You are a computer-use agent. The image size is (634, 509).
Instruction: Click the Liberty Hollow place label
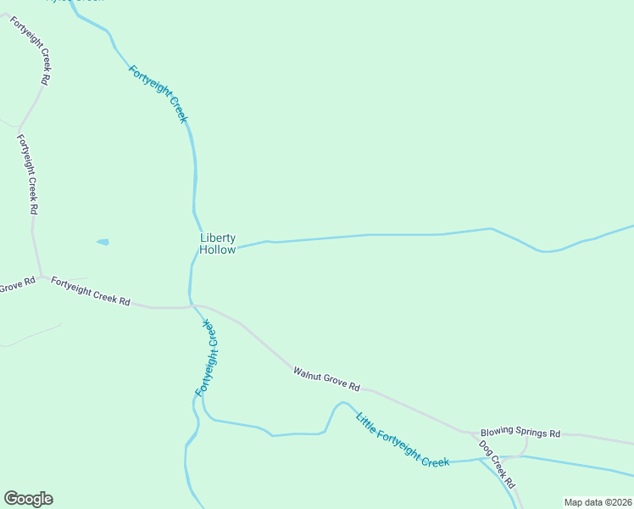click(x=218, y=244)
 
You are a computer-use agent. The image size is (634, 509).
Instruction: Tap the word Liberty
click(x=218, y=238)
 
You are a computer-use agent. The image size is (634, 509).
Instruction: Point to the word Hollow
click(x=218, y=250)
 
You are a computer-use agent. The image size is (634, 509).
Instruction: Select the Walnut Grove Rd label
click(x=326, y=379)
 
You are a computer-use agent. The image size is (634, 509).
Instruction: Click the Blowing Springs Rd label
click(x=520, y=433)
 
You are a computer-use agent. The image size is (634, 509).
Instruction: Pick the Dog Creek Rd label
click(x=497, y=464)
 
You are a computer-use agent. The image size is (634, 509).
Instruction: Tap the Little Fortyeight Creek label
click(x=402, y=439)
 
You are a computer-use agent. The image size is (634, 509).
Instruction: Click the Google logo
click(x=28, y=499)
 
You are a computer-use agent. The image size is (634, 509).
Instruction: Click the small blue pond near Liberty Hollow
click(x=103, y=242)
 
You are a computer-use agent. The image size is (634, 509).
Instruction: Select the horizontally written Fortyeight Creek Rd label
click(x=90, y=290)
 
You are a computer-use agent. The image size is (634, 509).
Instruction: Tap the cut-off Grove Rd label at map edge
click(x=17, y=286)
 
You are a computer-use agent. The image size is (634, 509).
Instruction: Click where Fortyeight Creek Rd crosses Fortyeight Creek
click(x=191, y=305)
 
